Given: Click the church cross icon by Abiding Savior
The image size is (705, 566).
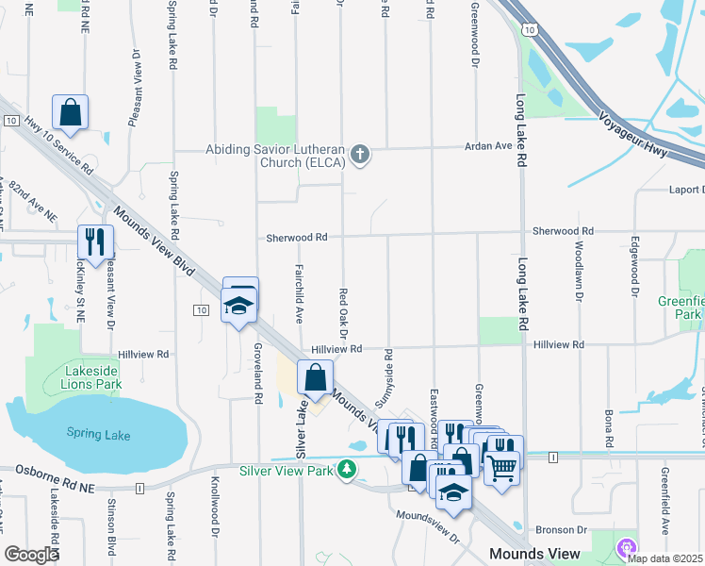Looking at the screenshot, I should coord(358,154).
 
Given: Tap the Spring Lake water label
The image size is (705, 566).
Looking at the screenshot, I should coord(98,434).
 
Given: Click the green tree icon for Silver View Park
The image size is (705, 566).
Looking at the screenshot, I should coord(348,469).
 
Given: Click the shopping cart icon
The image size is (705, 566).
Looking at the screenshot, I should coord(501,465).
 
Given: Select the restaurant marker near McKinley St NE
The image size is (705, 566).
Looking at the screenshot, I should coord(95,241).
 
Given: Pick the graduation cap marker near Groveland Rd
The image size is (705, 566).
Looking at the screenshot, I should coord(239,306).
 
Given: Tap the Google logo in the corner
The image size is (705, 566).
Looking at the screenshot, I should coord(31,554).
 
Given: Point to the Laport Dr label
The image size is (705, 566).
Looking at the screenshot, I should coord(685,190).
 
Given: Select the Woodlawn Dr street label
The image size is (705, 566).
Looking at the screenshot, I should coord(578,273).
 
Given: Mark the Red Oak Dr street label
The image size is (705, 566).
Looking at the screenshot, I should coord(344,312).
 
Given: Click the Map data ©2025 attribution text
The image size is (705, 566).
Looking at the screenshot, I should coord(664,558).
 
